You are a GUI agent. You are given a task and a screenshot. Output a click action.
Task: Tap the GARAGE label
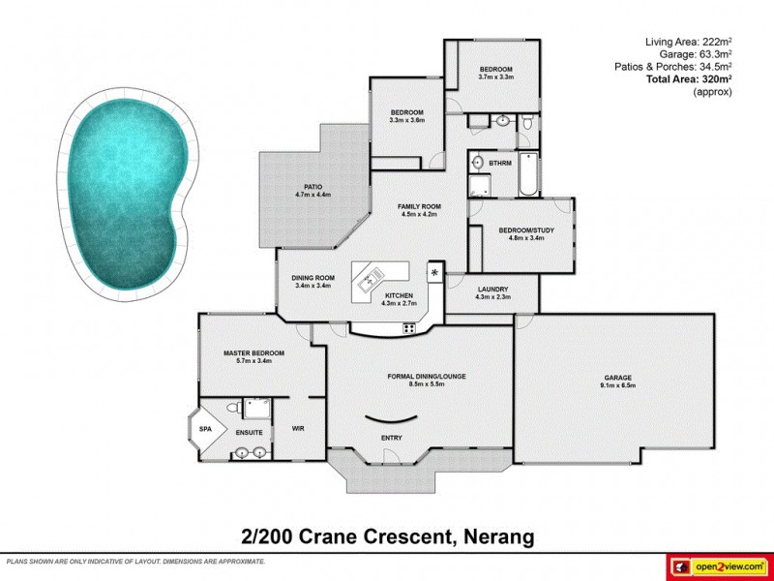618,378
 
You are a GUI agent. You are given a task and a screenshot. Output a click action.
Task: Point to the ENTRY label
391,438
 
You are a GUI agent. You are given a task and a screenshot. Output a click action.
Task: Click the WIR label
298,427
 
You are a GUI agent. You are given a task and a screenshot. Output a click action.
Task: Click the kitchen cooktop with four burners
408,327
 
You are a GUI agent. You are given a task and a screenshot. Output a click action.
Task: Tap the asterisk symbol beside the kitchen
434,272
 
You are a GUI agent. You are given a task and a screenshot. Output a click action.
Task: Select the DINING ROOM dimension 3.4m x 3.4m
313,287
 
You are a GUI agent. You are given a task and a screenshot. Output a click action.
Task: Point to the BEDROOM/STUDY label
521,229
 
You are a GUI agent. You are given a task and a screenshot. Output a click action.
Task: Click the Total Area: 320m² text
688,79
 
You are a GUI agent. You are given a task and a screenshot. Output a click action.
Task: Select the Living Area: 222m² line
688,42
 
